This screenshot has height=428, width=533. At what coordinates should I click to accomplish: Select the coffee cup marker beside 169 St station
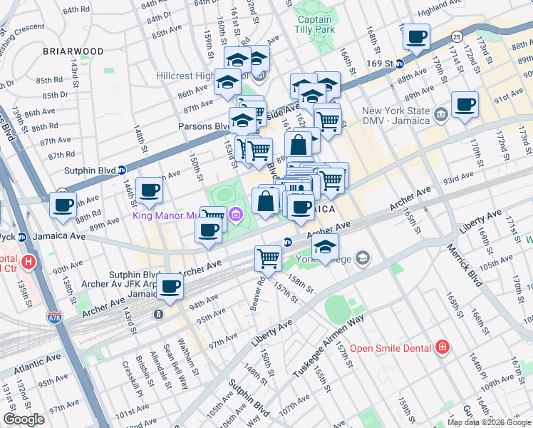tap(416, 37)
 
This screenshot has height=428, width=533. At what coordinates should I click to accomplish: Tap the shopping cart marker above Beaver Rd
tap(268, 258)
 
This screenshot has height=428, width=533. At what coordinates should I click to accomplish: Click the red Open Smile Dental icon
tap(443, 347)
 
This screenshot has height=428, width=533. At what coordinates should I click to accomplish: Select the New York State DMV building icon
tap(440, 113)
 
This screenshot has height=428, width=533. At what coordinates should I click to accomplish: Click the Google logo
tap(24, 419)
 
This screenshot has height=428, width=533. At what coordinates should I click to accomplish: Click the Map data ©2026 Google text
tap(488, 422)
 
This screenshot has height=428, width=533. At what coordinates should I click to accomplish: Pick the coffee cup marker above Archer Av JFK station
tap(170, 287)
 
